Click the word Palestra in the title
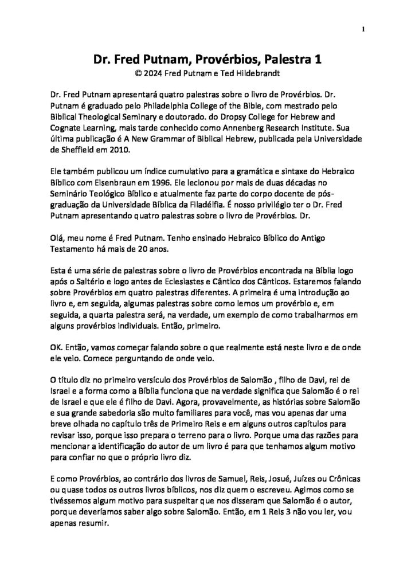(280, 58)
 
